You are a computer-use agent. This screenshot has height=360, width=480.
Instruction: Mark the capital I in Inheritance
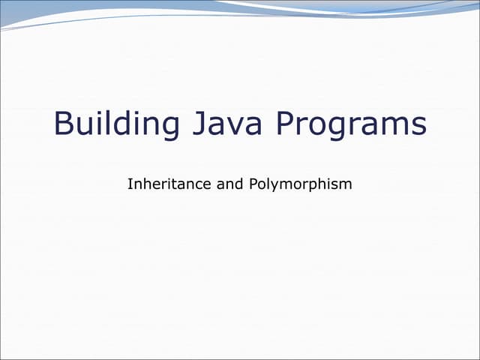130,183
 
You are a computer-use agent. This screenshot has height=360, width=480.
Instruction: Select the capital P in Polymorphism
250,183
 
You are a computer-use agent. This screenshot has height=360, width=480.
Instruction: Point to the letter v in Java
226,126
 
